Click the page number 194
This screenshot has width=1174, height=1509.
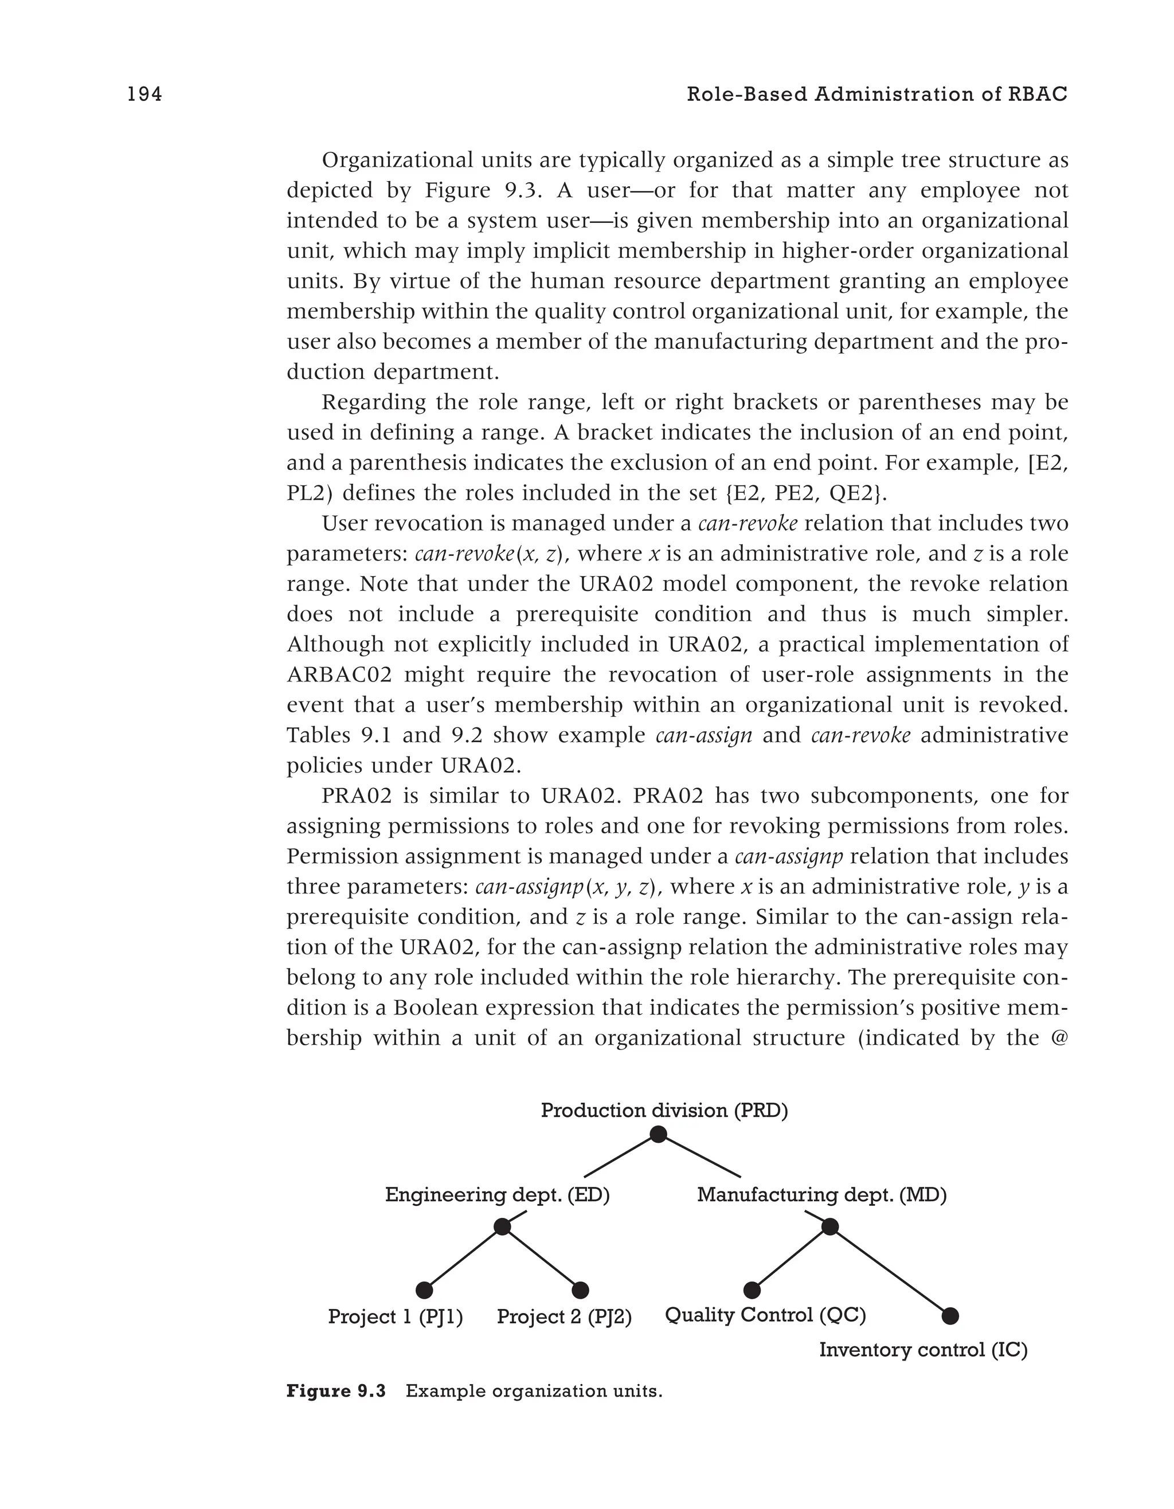tap(144, 95)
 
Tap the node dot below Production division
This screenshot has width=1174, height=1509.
tap(659, 1134)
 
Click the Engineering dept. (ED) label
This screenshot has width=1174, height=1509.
tap(497, 1194)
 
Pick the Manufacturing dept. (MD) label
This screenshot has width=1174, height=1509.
tap(821, 1194)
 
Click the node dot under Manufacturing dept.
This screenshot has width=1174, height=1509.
tap(830, 1227)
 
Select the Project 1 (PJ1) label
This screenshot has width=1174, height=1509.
tap(395, 1317)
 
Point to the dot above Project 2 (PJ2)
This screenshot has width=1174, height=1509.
tap(581, 1290)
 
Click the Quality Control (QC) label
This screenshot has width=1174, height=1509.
tap(765, 1315)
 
